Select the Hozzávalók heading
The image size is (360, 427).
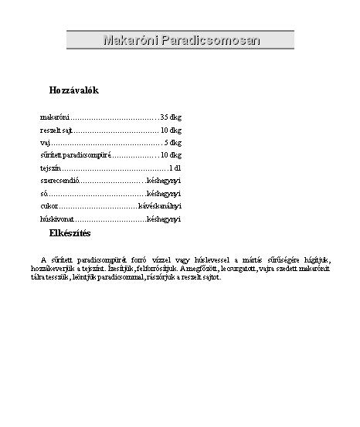pos(73,91)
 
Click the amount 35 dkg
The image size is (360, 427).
pos(171,117)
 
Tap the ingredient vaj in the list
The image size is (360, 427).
pos(45,143)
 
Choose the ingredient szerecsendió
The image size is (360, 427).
pos(59,181)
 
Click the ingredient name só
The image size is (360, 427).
pos(43,194)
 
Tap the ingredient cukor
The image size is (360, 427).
pos(49,207)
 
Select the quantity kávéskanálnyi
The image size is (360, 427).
pos(159,207)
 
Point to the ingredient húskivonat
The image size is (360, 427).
pos(56,219)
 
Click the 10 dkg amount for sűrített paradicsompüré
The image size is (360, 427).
pos(171,155)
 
